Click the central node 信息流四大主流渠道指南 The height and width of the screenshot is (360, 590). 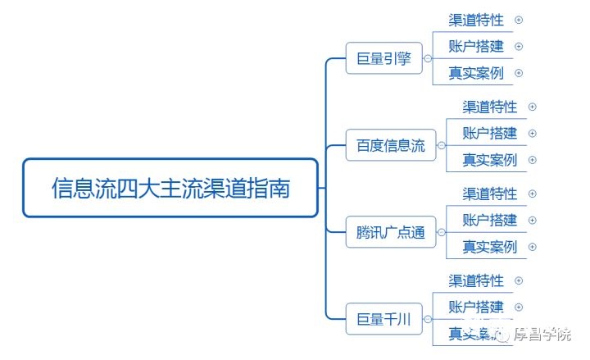tap(170, 188)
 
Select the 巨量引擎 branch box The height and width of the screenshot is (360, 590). tap(383, 59)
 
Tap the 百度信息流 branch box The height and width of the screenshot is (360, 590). tap(391, 146)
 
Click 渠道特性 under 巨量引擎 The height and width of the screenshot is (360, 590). tap(476, 20)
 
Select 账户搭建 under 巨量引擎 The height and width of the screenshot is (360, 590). tap(476, 46)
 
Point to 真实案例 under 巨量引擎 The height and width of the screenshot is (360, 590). tap(476, 73)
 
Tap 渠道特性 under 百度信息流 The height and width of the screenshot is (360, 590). tap(489, 107)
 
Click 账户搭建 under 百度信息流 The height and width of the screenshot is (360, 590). tap(489, 133)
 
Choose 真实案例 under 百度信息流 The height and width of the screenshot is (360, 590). tap(489, 160)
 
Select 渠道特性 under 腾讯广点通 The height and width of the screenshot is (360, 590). tap(489, 194)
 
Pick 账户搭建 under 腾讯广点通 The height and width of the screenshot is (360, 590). tap(489, 220)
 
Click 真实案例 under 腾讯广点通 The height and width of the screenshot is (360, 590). tap(489, 247)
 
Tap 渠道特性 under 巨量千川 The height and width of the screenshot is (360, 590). tap(476, 280)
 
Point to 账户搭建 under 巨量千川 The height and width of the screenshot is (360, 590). tap(476, 307)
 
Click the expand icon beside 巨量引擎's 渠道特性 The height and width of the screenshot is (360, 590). tap(519, 20)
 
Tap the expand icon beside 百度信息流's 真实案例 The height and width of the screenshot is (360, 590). tap(533, 160)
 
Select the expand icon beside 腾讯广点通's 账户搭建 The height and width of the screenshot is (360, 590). tap(533, 220)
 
